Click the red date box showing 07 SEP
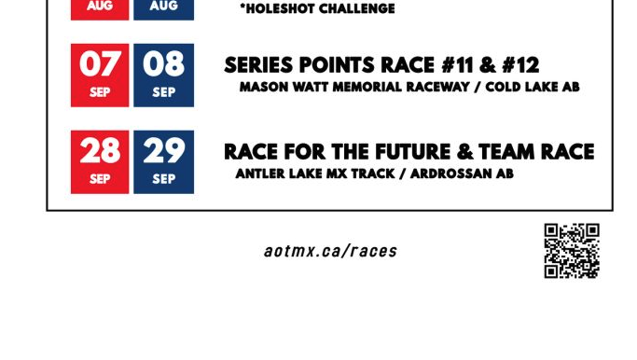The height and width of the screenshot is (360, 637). point(100,75)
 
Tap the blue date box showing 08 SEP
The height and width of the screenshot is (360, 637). point(163,75)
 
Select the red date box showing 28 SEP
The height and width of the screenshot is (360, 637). point(100,161)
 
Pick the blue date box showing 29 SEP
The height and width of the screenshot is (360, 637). point(163,161)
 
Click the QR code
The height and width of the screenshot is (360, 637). point(571,250)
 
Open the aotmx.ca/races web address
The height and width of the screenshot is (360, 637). point(330,251)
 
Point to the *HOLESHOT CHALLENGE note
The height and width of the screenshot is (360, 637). point(317,9)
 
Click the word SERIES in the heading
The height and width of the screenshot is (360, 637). point(260,65)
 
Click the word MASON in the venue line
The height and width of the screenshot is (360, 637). point(262,87)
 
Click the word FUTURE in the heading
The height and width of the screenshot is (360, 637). point(413,152)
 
